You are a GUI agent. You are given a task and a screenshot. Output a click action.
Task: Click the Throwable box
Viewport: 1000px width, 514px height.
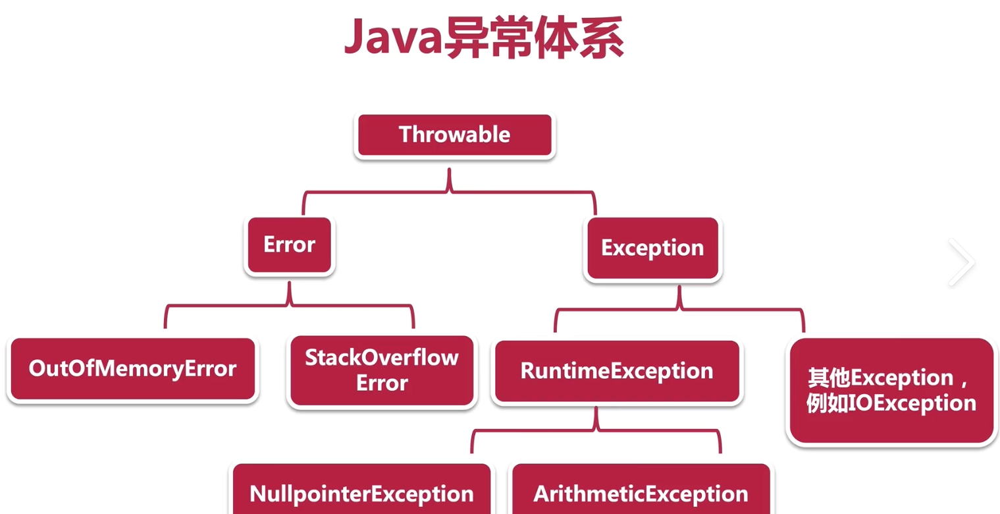click(454, 135)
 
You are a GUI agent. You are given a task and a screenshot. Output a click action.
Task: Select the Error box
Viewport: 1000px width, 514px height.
click(290, 245)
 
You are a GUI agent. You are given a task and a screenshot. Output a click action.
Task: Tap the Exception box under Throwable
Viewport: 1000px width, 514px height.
click(652, 248)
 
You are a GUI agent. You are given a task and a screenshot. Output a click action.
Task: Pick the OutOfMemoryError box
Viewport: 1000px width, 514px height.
click(132, 368)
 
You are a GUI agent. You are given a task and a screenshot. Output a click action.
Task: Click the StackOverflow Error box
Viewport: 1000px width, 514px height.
click(382, 370)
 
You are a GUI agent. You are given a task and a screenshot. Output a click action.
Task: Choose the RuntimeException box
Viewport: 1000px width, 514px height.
click(617, 371)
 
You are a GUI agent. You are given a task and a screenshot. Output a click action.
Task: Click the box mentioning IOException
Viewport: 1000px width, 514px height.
click(891, 391)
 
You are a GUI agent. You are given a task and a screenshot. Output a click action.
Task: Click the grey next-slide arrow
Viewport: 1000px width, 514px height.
click(961, 262)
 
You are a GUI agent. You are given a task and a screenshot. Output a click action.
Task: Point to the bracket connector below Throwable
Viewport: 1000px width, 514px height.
click(450, 192)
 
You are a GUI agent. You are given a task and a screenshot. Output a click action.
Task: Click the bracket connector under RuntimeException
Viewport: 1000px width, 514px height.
click(596, 430)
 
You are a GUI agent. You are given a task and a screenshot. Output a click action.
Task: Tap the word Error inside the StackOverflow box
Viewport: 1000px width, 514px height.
click(382, 383)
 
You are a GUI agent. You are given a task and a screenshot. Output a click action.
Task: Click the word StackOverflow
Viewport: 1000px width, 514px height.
click(382, 358)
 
